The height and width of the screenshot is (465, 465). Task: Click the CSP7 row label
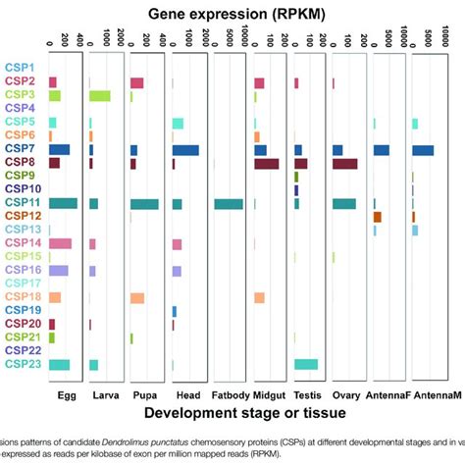[x=23, y=149]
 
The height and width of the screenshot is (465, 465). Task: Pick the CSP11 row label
[x=21, y=203]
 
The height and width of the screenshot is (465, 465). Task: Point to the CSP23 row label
[x=21, y=364]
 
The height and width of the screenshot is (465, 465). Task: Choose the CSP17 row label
[x=21, y=284]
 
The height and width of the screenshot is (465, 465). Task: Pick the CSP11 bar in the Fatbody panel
[x=229, y=204]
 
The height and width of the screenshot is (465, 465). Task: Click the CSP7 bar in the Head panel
[x=185, y=150]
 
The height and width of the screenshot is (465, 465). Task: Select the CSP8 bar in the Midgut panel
[x=266, y=164]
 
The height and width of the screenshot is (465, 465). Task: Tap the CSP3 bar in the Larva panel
[x=99, y=96]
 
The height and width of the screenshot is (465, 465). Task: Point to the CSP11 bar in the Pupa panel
[x=144, y=204]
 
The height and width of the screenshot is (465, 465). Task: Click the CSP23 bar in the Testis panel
[x=306, y=364]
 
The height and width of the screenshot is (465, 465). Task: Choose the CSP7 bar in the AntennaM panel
[x=423, y=150]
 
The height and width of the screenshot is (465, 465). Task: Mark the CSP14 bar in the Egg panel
[x=60, y=243]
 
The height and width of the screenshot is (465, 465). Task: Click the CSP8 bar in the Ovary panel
[x=344, y=164]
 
